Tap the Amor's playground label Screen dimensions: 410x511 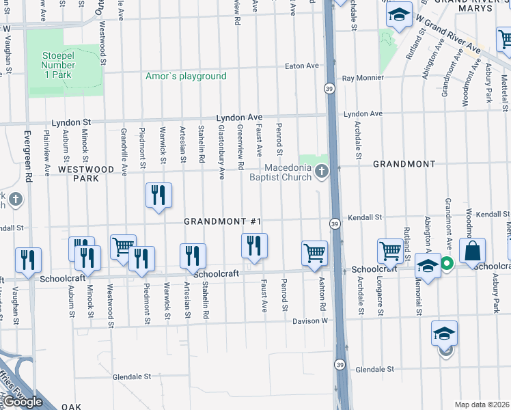pyautogui.click(x=186, y=76)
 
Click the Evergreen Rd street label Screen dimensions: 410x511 pyautogui.click(x=28, y=156)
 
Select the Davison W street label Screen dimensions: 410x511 pyautogui.click(x=311, y=320)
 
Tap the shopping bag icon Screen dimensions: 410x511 pyautogui.click(x=472, y=251)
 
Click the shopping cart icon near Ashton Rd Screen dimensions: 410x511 pyautogui.click(x=315, y=253)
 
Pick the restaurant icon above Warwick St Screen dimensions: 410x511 pyautogui.click(x=158, y=195)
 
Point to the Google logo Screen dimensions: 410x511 pyautogui.click(x=24, y=402)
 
